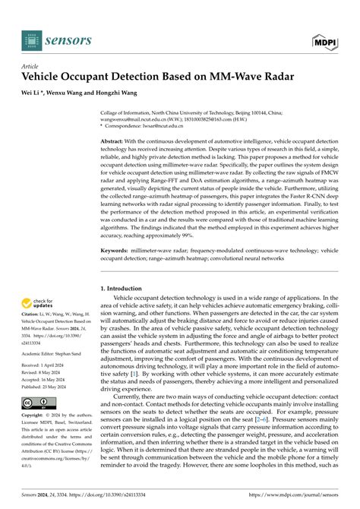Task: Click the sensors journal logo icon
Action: (x=31, y=41)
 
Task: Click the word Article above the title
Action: (x=31, y=67)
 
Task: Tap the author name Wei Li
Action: (x=33, y=93)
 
